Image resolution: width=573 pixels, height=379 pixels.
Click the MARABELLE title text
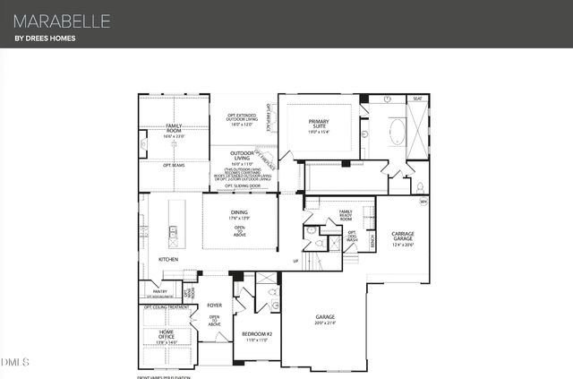[62, 19]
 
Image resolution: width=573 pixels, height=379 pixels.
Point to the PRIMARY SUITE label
[319, 125]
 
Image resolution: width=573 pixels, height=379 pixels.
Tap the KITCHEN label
[168, 259]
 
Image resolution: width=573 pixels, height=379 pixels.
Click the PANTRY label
[159, 290]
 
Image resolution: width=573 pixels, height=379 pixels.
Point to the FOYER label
[214, 305]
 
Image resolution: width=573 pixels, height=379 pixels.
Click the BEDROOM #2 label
[256, 336]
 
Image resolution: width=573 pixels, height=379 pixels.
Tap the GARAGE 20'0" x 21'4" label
[324, 319]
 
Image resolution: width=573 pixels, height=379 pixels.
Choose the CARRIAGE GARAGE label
[403, 237]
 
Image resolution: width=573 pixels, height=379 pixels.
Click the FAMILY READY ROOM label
[345, 216]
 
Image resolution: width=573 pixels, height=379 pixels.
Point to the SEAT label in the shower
[417, 99]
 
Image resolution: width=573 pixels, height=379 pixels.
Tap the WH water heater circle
[424, 202]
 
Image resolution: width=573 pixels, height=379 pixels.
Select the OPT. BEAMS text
[174, 165]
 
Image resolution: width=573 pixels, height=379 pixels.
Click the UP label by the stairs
[295, 261]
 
